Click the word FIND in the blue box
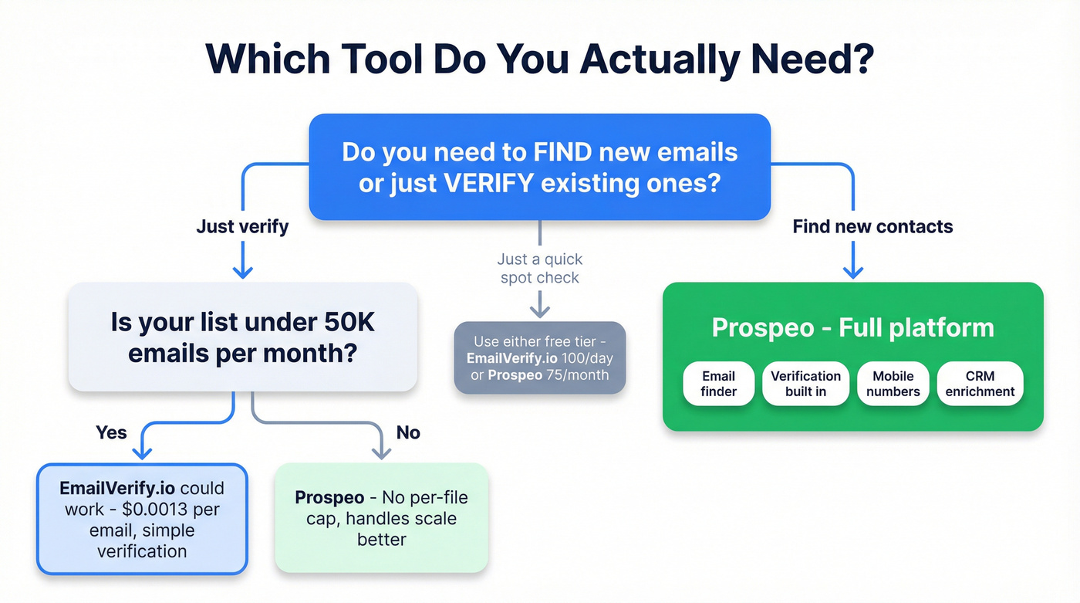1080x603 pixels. [563, 151]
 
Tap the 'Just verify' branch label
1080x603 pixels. [242, 226]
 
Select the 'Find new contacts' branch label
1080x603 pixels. [872, 226]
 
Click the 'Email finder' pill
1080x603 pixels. [718, 384]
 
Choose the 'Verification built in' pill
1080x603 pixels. [805, 384]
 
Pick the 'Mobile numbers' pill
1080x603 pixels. [893, 384]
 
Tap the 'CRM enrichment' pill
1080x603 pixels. [980, 384]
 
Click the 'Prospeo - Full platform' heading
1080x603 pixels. [852, 327]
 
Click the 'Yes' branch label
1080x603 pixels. [111, 432]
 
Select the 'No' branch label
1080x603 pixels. [408, 432]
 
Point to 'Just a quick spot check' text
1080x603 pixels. [540, 268]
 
